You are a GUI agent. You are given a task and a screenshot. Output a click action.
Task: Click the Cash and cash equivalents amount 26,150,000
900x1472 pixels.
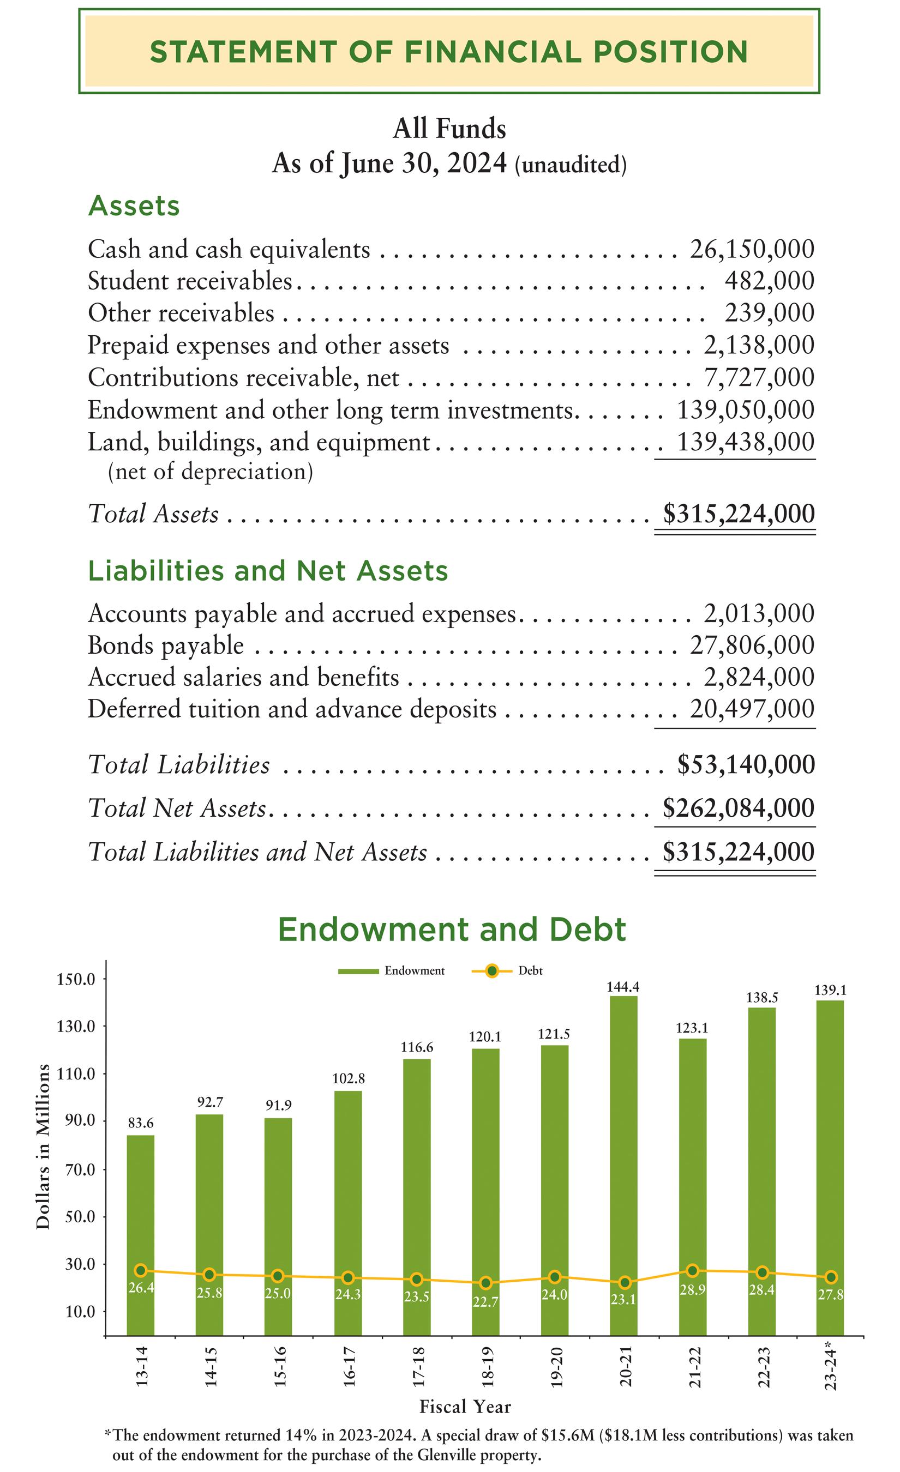[x=752, y=249]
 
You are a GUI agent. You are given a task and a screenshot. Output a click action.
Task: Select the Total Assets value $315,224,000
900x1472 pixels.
[x=739, y=514]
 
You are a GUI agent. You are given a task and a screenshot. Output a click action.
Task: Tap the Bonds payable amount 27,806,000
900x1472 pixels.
[x=752, y=645]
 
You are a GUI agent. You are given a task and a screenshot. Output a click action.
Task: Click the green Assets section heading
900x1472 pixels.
[x=133, y=206]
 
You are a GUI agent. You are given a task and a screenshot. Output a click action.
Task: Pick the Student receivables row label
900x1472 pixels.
[x=189, y=281]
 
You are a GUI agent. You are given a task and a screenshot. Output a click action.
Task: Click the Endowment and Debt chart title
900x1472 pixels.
[x=451, y=930]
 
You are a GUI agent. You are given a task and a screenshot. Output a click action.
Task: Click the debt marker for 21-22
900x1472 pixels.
[x=692, y=1270]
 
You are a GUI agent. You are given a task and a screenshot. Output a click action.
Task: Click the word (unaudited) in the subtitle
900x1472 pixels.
[x=571, y=164]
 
